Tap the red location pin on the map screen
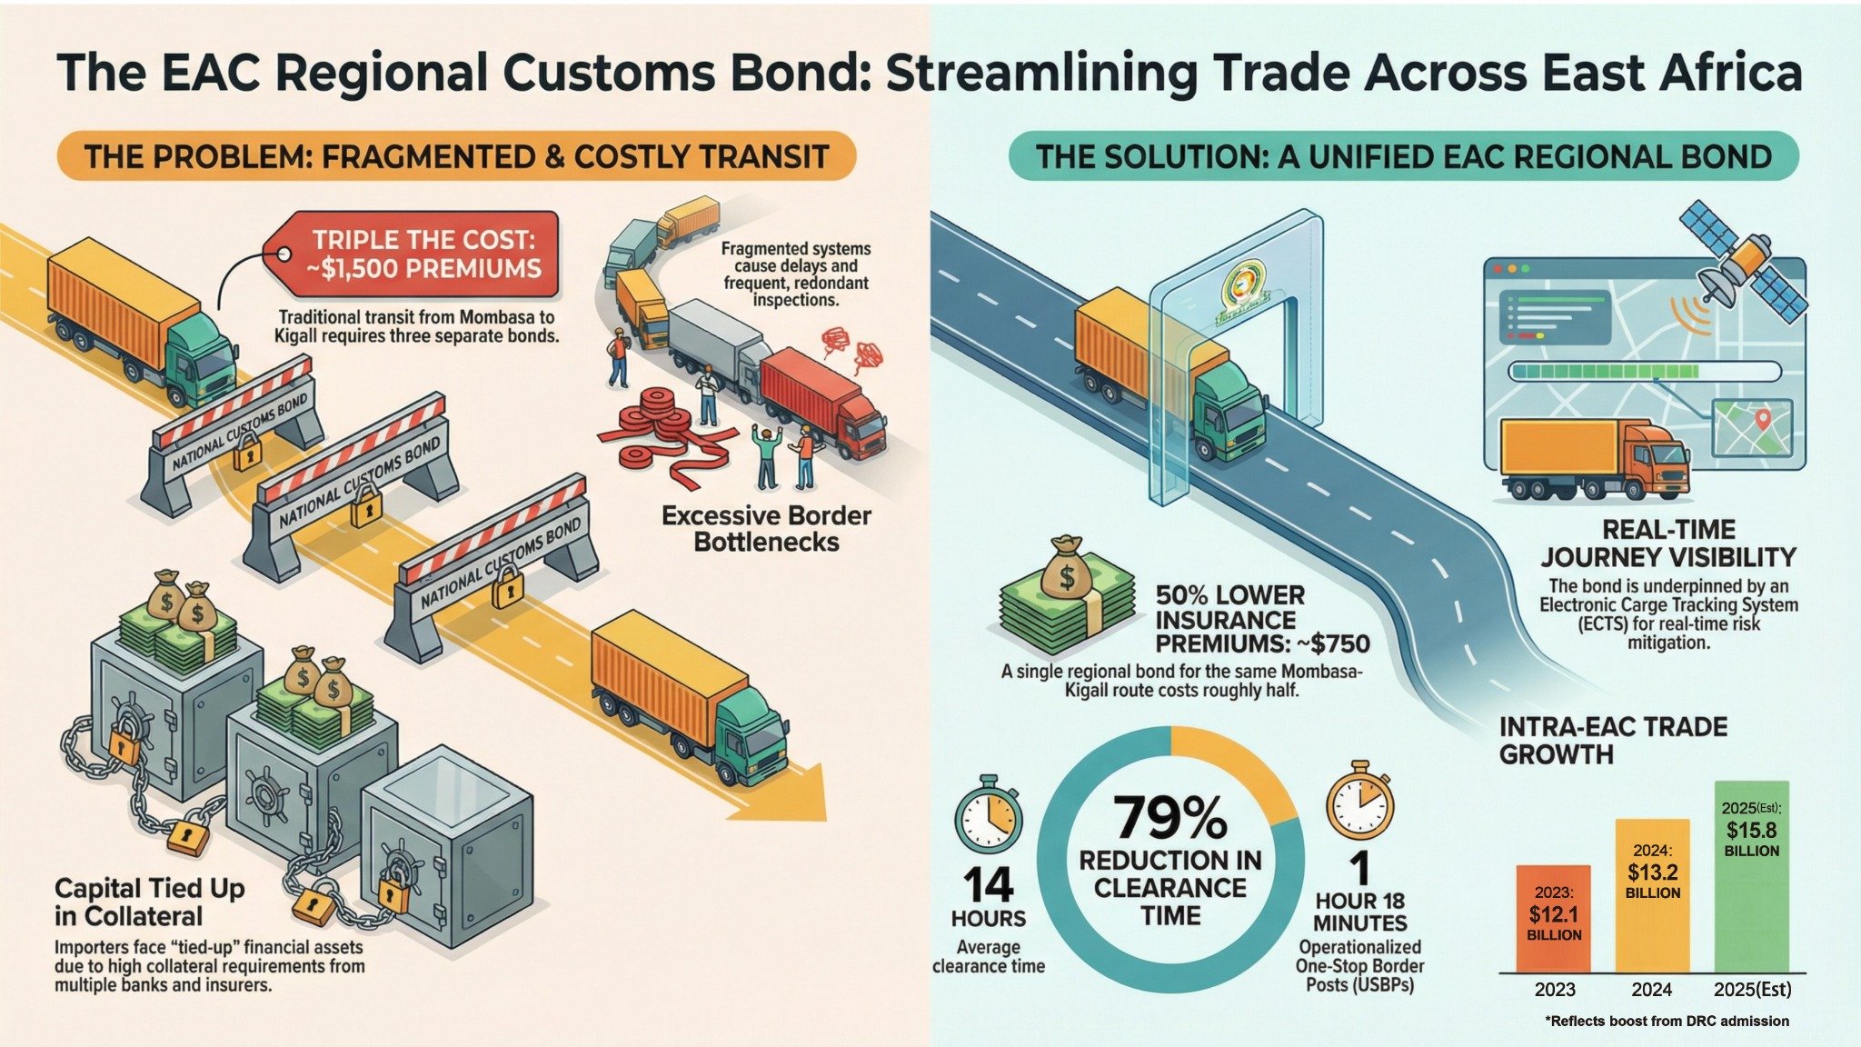pos(1763,420)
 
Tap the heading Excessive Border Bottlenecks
pos(766,529)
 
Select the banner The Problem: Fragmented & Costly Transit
pos(457,155)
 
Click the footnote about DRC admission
pos(1667,1021)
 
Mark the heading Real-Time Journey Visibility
pos(1668,543)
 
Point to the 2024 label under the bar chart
pos(1652,990)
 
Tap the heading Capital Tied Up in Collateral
pos(150,902)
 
